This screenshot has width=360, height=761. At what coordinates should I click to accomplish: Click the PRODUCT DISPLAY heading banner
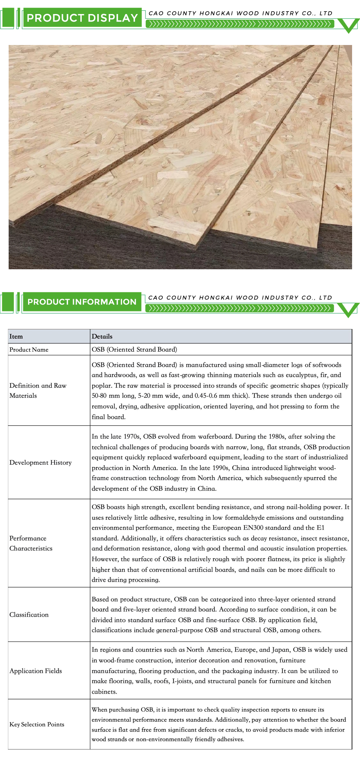tap(82, 18)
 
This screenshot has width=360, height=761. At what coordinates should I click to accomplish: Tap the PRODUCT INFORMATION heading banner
tap(82, 302)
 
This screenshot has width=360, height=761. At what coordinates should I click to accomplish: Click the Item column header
tap(16, 337)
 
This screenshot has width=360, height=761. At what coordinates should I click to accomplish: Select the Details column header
tap(102, 337)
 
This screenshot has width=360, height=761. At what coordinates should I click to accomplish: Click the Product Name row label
tap(29, 350)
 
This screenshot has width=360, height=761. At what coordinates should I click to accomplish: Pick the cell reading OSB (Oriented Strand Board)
tap(134, 350)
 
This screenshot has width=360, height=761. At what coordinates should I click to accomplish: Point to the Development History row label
tap(40, 463)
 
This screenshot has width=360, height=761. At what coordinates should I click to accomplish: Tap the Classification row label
tap(29, 614)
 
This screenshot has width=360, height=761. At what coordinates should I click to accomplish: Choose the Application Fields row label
tap(36, 671)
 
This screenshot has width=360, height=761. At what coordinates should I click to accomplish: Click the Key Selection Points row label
tap(37, 724)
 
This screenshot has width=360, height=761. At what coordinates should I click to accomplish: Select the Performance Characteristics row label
tap(31, 543)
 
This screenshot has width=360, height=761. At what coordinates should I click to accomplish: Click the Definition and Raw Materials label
tap(38, 391)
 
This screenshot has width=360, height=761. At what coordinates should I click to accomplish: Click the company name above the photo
tap(240, 13)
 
